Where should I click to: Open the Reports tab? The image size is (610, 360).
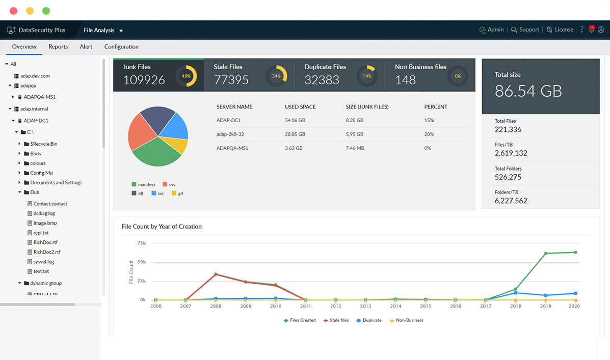pyautogui.click(x=58, y=47)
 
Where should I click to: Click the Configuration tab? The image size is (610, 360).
pyautogui.click(x=121, y=47)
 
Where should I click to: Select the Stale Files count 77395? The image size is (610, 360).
pyautogui.click(x=231, y=80)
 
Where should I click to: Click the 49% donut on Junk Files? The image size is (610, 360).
pyautogui.click(x=186, y=76)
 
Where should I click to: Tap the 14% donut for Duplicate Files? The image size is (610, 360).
pyautogui.click(x=367, y=76)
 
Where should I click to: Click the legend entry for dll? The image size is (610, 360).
pyautogui.click(x=138, y=193)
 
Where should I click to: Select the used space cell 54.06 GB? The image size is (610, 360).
pyautogui.click(x=295, y=121)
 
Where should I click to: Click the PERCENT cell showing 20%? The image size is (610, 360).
pyautogui.click(x=429, y=134)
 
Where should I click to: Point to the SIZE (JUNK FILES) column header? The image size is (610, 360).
pyautogui.click(x=367, y=107)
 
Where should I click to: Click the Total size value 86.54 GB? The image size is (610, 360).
pyautogui.click(x=528, y=91)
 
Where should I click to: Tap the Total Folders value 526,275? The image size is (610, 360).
pyautogui.click(x=508, y=177)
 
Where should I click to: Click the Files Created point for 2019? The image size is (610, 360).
pyautogui.click(x=546, y=253)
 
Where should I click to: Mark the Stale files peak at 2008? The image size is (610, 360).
pyautogui.click(x=216, y=274)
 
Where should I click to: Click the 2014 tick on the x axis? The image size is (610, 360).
pyautogui.click(x=395, y=307)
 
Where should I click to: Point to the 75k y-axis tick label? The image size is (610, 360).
pyautogui.click(x=142, y=243)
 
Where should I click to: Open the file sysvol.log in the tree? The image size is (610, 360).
pyautogui.click(x=43, y=262)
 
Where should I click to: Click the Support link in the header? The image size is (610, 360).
pyautogui.click(x=525, y=30)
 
